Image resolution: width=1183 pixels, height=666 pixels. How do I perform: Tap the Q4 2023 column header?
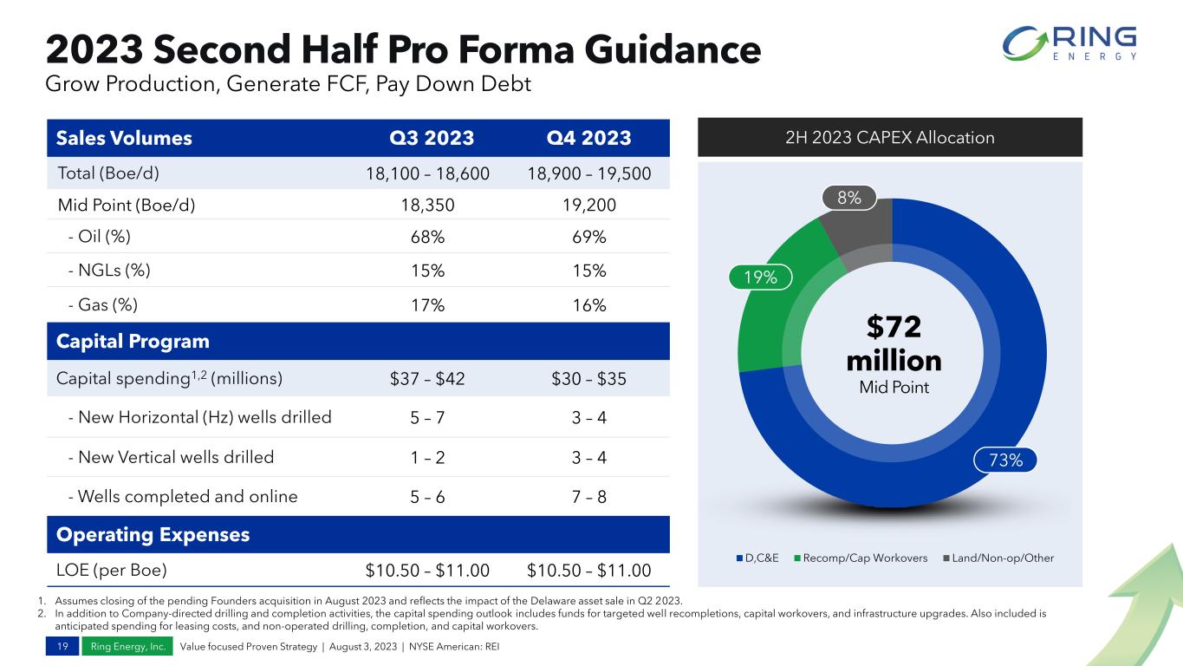point(588,138)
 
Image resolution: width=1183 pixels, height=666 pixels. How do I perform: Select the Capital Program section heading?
point(133,341)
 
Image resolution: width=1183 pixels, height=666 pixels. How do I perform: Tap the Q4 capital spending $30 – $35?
point(588,378)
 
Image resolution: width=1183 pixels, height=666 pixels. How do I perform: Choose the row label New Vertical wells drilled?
point(170,457)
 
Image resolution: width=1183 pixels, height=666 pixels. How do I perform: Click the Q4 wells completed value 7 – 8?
point(588,497)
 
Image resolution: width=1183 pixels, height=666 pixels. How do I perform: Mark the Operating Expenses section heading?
point(153,535)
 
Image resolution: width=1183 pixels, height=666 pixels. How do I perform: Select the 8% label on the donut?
point(848,198)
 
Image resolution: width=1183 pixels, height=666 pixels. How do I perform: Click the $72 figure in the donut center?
point(893,329)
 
